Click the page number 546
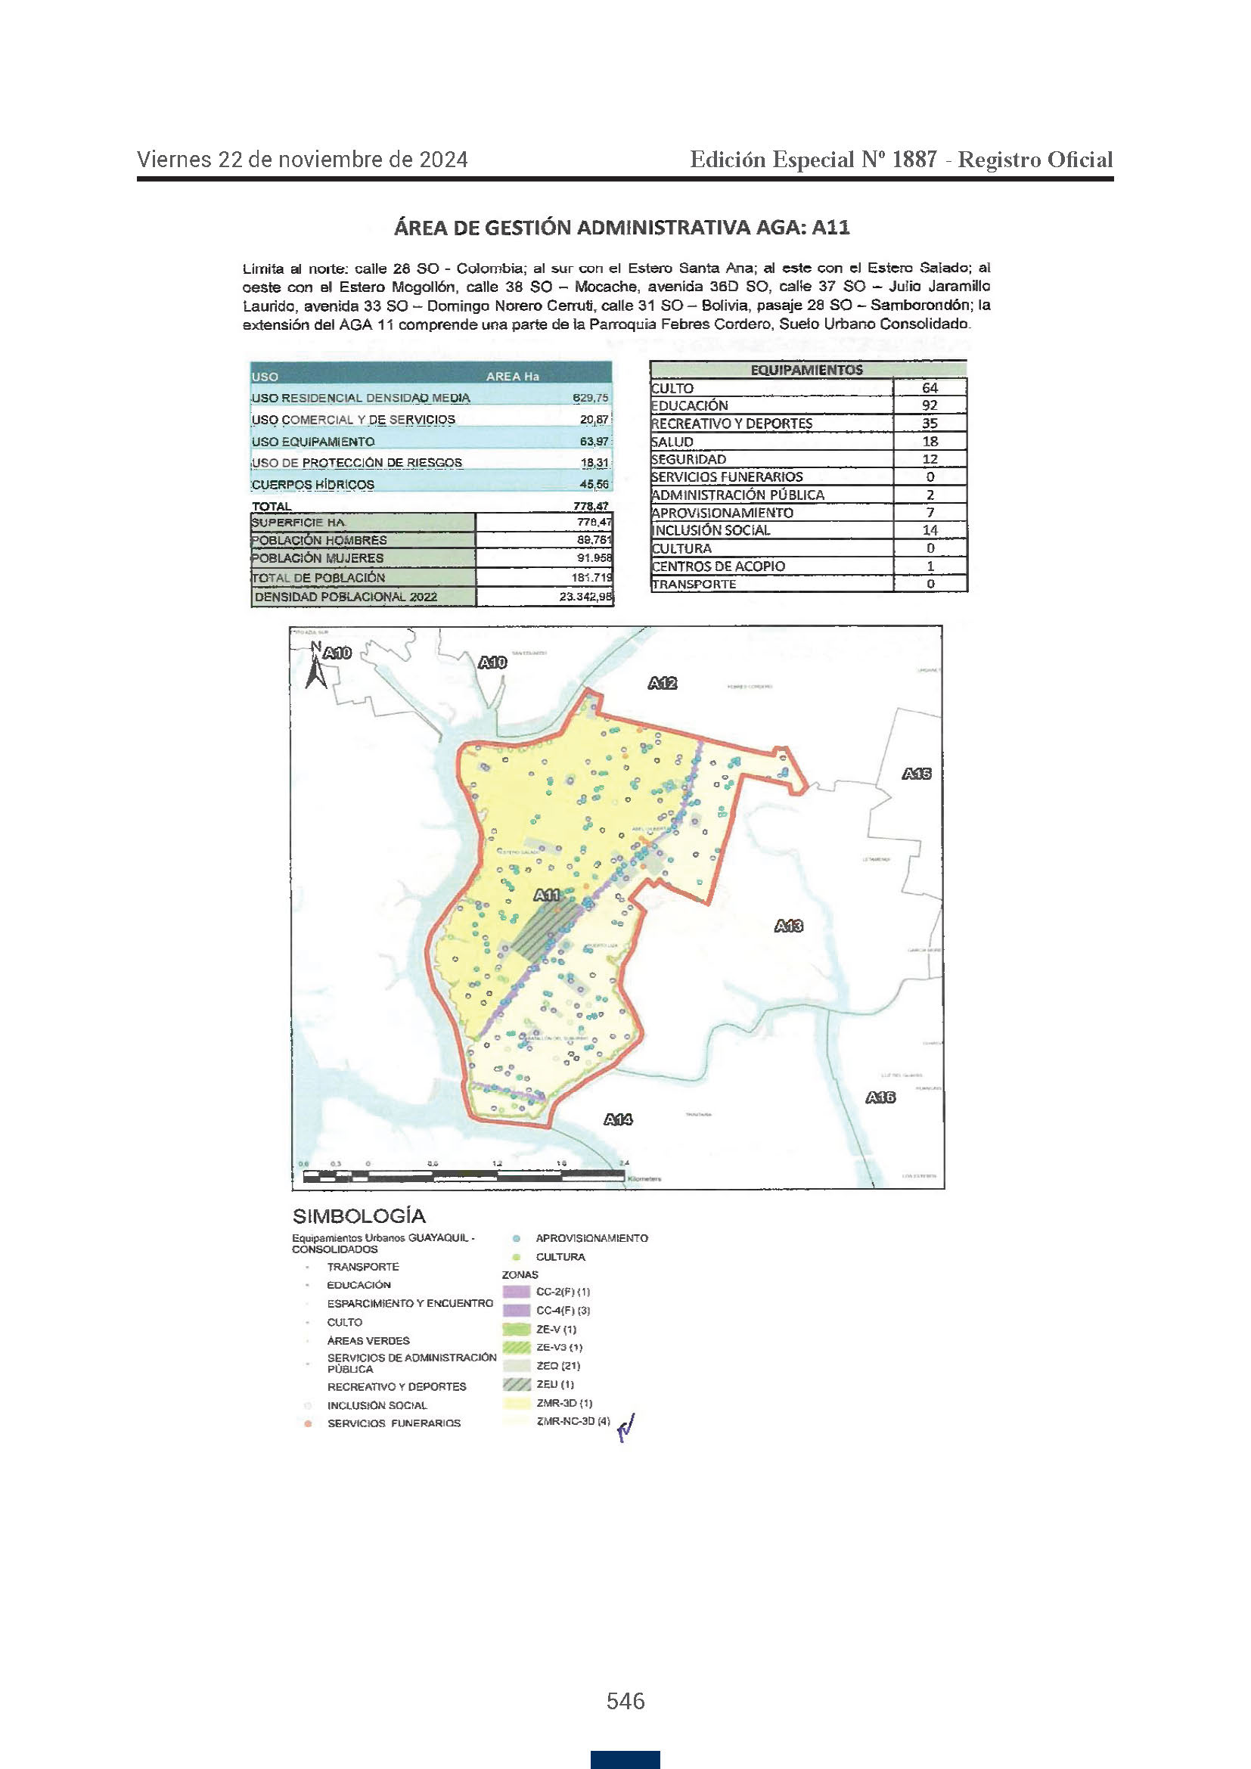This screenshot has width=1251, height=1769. coord(625,1701)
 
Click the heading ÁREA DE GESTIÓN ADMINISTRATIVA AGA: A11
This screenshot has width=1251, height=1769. coord(622,228)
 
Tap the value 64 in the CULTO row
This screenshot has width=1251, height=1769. coord(930,387)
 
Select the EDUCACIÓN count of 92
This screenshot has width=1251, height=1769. coord(930,405)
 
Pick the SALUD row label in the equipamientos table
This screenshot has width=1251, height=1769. coord(672,442)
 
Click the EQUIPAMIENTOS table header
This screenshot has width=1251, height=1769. coord(806,370)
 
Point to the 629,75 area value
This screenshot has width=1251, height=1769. coord(590,398)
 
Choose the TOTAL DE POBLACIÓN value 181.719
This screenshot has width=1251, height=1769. coord(591,577)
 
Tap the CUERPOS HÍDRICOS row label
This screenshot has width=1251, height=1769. coord(313,485)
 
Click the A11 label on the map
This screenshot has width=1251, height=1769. coord(547,895)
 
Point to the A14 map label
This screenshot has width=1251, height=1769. coord(619,1119)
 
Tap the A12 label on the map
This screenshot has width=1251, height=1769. coord(663,683)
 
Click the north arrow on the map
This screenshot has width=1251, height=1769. coord(315,667)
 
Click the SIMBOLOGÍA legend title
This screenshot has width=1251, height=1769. coord(359,1217)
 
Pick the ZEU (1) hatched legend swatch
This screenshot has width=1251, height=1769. coord(516,1385)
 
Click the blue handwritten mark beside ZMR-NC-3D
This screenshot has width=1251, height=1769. coord(626,1426)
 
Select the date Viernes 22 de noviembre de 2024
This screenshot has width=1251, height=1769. coord(302,160)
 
